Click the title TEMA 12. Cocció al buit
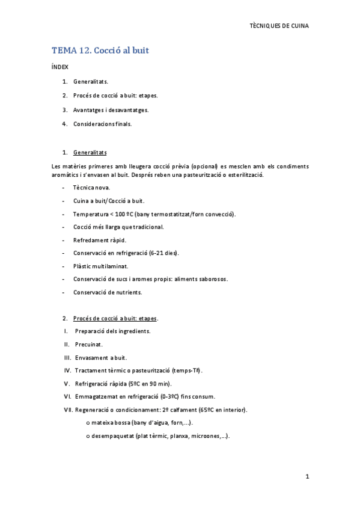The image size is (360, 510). pyautogui.click(x=100, y=51)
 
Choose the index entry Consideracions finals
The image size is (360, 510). pyautogui.click(x=102, y=124)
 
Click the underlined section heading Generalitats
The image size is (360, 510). pyautogui.click(x=90, y=152)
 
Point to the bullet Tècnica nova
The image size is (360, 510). pyautogui.click(x=91, y=188)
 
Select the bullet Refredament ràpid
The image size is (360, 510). pyautogui.click(x=100, y=240)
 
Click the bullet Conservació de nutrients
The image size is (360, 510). pyautogui.click(x=108, y=292)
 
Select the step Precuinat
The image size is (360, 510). pyautogui.click(x=89, y=344)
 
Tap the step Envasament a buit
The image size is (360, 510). pyautogui.click(x=100, y=357)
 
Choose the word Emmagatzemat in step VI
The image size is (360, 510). pyautogui.click(x=95, y=396)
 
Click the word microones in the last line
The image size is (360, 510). pyautogui.click(x=204, y=436)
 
